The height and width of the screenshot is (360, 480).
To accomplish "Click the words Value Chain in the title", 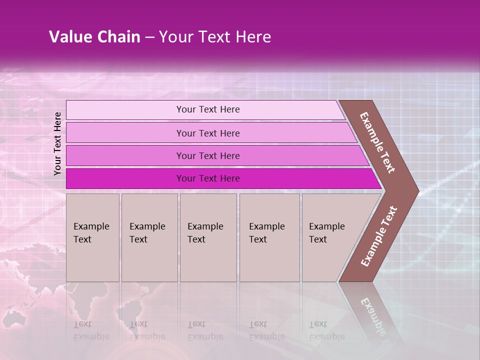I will point(94,37).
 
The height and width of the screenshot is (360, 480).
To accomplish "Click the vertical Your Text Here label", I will point(57,143).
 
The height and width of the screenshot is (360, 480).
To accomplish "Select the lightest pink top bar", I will point(125,110).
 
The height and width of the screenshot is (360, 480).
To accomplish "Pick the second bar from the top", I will point(125,133).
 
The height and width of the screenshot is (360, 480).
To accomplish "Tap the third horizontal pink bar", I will point(125,155).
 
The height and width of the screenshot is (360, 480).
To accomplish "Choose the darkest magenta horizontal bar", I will point(125,178).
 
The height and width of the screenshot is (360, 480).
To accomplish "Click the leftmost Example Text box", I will point(92,237).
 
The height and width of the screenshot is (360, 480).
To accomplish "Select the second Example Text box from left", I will point(149,237).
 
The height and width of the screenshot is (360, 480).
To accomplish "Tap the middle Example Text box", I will point(208,237).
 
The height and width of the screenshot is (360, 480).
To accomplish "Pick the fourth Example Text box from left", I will point(269,237).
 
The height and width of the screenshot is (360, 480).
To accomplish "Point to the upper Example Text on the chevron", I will point(377,142).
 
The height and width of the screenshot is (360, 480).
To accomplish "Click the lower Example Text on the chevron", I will point(379,236).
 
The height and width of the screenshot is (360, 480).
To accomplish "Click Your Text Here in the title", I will point(215,37).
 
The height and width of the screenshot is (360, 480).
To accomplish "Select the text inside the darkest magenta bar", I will point(208,178).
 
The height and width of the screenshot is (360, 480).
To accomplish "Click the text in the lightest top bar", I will point(208,109).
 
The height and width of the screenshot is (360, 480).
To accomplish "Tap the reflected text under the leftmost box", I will point(90,330).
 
